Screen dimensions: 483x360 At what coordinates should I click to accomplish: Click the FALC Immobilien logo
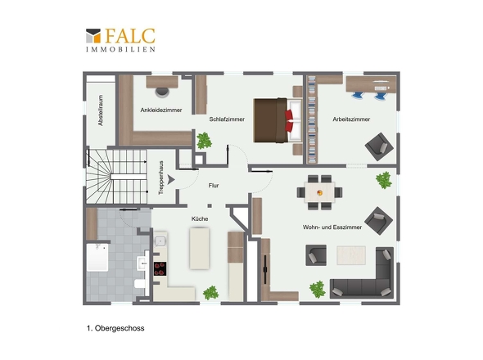pyautogui.click(x=120, y=40)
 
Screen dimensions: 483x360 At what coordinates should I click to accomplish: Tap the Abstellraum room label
pyautogui.click(x=101, y=110)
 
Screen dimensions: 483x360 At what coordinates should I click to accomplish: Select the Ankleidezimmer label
pyautogui.click(x=161, y=110)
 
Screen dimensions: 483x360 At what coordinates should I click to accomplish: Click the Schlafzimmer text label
pyautogui.click(x=227, y=119)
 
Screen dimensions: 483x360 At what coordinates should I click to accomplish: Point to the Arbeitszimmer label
pyautogui.click(x=351, y=119)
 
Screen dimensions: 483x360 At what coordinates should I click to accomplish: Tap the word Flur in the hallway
pyautogui.click(x=214, y=186)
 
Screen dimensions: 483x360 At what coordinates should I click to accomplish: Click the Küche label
pyautogui.click(x=200, y=218)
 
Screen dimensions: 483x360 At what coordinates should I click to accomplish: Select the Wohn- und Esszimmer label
pyautogui.click(x=332, y=227)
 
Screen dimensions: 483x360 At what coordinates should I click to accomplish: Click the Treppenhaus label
pyautogui.click(x=160, y=178)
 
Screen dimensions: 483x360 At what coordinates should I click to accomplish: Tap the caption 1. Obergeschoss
pyautogui.click(x=115, y=328)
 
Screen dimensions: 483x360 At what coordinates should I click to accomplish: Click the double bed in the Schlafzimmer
pyautogui.click(x=278, y=120)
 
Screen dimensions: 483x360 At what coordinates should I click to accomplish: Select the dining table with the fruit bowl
pyautogui.click(x=320, y=192)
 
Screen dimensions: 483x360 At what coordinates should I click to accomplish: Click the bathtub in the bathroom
pyautogui.click(x=97, y=258)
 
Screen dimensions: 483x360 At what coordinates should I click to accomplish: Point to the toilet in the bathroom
pyautogui.click(x=140, y=284)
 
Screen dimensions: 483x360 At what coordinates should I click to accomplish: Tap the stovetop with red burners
pyautogui.click(x=160, y=268)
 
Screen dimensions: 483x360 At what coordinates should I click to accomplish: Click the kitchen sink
pyautogui.click(x=160, y=241)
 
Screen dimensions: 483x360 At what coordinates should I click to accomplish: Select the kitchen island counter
pyautogui.click(x=199, y=248)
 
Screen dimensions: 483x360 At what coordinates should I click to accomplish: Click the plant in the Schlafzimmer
pyautogui.click(x=204, y=141)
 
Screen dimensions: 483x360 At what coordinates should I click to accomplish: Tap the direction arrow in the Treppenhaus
pyautogui.click(x=171, y=179)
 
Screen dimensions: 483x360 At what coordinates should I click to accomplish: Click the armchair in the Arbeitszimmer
pyautogui.click(x=379, y=146)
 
